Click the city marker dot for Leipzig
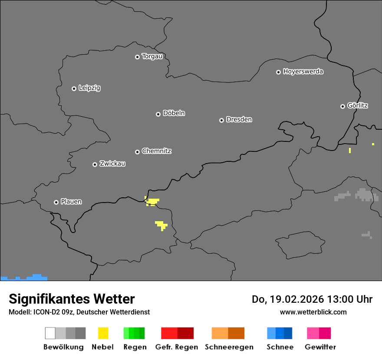74,88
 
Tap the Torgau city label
152,56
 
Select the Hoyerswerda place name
303,72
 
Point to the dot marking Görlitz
342,106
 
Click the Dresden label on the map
239,120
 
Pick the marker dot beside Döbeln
158,114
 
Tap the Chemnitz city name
156,151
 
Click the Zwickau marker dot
95,164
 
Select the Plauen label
71,202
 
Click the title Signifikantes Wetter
72,299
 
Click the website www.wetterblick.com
313,312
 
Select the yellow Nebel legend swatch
103,333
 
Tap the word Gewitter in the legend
320,347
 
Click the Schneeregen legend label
229,347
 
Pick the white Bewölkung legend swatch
50,333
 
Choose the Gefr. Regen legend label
176,347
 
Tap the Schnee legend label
280,347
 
